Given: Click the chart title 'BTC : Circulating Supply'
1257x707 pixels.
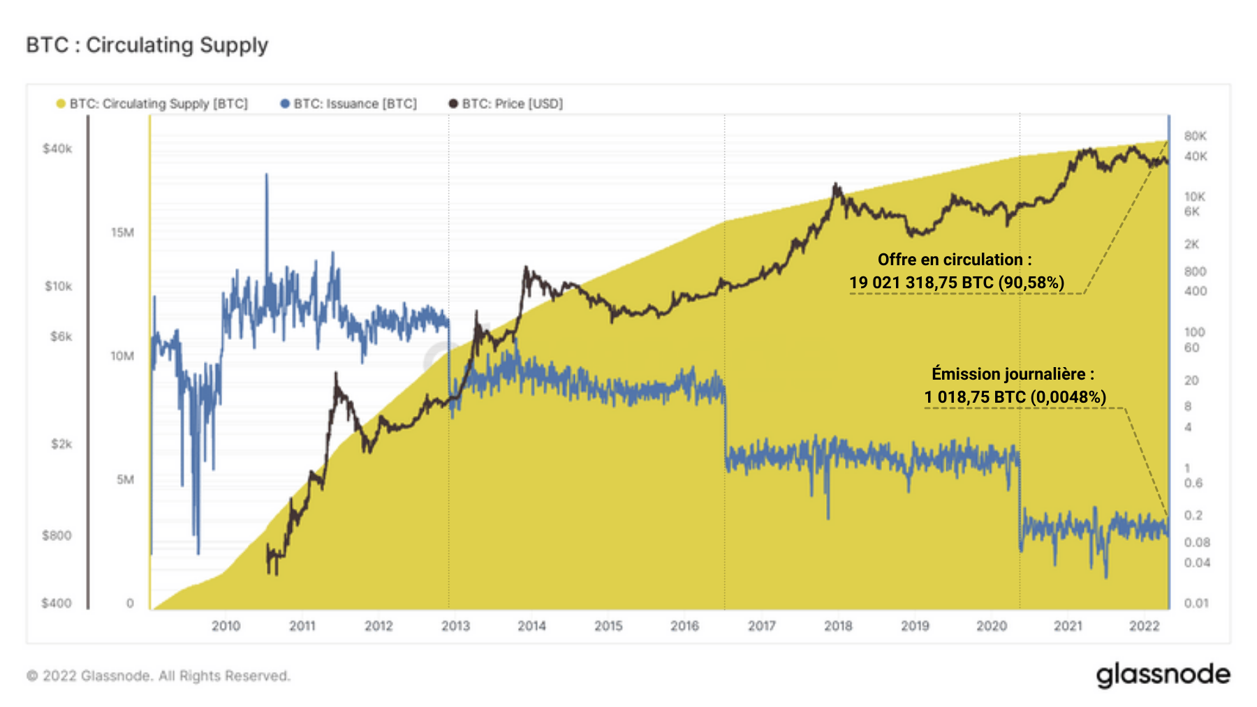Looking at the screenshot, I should coord(147,45).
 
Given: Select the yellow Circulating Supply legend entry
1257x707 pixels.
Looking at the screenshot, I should coord(152,104).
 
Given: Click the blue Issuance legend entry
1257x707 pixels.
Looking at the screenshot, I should coord(348,104).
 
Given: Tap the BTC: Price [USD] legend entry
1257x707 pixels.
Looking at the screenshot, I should coord(506,104).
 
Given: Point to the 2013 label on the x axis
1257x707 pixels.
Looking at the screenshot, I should coord(455,626).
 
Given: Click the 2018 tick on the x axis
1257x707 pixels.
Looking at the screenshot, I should coord(838,626).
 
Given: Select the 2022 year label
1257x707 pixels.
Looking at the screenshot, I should coord(1144,626).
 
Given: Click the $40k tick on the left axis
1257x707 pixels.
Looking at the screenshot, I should coord(57,149).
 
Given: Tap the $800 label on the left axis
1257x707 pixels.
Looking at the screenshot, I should coord(57,535).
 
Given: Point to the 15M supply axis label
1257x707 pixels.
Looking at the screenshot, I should coord(122,232).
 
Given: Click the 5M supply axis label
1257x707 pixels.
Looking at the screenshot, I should coord(125,479).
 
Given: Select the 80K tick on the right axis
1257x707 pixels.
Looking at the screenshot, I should coord(1195,136).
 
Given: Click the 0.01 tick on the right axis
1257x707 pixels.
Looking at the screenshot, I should coord(1196,603).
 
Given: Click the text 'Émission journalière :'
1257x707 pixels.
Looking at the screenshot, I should coord(1013,374).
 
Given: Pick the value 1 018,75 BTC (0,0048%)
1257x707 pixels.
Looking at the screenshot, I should coord(1015,397).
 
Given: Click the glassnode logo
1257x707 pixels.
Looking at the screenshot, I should coord(1163,675).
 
